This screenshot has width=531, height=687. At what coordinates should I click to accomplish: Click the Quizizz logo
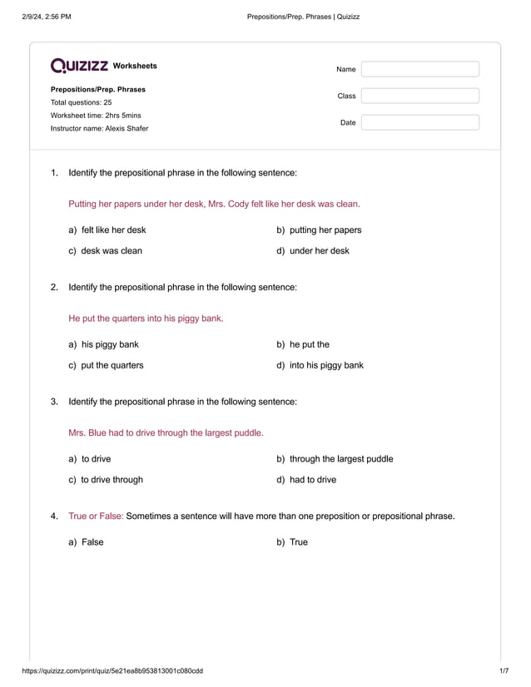[x=79, y=66]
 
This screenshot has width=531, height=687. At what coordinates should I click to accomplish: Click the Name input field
[x=419, y=69]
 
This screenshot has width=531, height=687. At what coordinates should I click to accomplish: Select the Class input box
[x=419, y=96]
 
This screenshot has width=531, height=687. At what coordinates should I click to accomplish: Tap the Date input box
[x=419, y=122]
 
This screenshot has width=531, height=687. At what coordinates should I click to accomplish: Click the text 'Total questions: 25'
[x=81, y=102]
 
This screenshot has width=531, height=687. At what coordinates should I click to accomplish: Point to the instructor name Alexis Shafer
[x=99, y=128]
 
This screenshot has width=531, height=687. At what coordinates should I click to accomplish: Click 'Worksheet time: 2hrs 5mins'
[x=96, y=115]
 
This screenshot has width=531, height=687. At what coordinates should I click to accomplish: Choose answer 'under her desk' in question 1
[x=319, y=250]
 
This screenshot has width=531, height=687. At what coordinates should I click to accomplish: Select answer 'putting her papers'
[x=325, y=230]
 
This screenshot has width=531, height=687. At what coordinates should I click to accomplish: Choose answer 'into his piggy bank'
[x=325, y=365]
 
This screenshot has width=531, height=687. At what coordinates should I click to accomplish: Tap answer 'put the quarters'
[x=112, y=365]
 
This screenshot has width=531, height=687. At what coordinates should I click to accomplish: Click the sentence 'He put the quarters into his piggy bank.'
[x=146, y=318]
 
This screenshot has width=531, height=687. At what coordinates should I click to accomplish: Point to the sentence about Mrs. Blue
[x=166, y=432]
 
